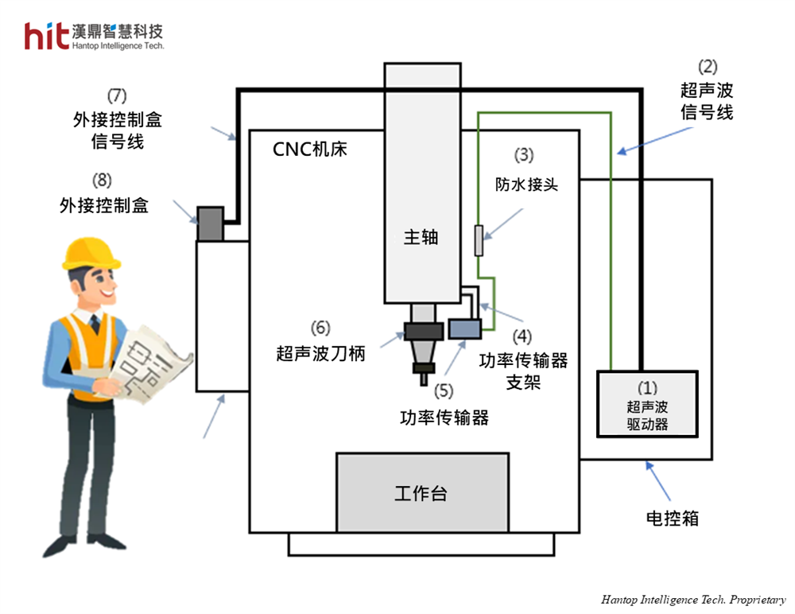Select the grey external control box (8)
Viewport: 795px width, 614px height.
[210, 222]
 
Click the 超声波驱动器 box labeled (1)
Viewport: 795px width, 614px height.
[647, 404]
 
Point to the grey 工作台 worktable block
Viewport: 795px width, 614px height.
[421, 492]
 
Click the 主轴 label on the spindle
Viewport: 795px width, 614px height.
[421, 236]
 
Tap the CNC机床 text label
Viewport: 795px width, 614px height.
[310, 149]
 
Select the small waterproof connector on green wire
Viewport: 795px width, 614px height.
[478, 241]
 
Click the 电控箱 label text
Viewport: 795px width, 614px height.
[672, 518]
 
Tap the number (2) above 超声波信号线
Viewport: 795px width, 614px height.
[707, 68]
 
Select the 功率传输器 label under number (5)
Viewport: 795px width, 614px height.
[444, 418]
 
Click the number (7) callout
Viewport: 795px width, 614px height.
[118, 96]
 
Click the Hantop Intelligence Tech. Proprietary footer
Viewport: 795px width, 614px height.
[692, 600]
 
